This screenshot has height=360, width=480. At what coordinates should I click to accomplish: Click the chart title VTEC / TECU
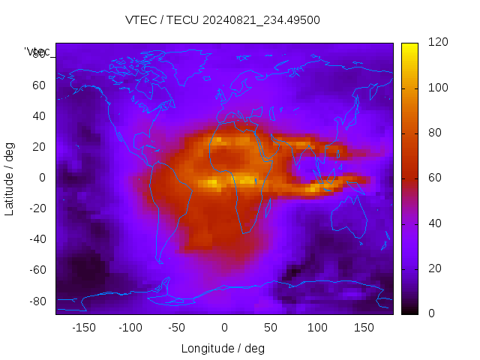223,20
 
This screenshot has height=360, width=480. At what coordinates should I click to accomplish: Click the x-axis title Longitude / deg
223,348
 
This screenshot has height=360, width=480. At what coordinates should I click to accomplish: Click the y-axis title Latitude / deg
10,178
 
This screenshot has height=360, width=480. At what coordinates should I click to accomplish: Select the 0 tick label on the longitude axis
223,328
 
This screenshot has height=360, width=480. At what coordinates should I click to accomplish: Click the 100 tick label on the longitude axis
317,328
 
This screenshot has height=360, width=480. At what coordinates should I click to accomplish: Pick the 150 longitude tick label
364,328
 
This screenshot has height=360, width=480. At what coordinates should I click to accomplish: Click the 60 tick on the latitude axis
39,85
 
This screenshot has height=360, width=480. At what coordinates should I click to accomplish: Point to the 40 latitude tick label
39,116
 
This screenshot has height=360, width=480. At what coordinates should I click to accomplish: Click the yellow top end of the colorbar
409,46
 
